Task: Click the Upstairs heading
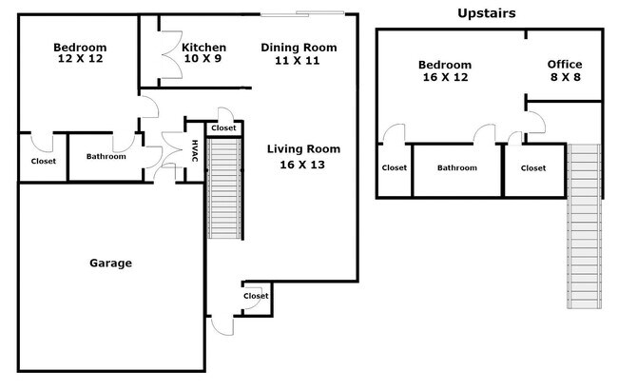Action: point(487,13)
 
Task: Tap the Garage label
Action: point(110,264)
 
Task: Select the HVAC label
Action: point(195,150)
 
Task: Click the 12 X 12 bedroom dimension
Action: point(80,59)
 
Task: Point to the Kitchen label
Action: point(203,48)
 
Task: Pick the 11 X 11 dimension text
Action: point(298,61)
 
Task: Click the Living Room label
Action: point(303,149)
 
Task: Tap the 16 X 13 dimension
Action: point(302,165)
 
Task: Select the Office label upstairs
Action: point(565,65)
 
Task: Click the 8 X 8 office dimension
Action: point(565,77)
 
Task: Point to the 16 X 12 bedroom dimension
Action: point(445,77)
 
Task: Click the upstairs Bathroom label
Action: point(457,167)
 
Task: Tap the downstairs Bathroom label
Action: point(106,156)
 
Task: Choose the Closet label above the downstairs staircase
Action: point(223,127)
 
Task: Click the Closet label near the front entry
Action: point(256,296)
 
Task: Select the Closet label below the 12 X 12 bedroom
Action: point(44,161)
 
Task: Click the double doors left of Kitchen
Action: point(170,54)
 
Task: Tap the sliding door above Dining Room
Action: point(302,14)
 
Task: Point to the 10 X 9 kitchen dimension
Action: point(203,59)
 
